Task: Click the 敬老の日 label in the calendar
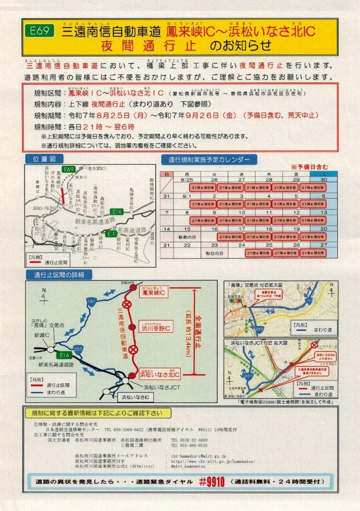click(187, 235)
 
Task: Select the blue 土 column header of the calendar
click(324, 174)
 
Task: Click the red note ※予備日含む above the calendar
click(309, 167)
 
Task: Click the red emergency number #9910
click(211, 482)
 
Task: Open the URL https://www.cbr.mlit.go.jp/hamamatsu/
click(206, 461)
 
